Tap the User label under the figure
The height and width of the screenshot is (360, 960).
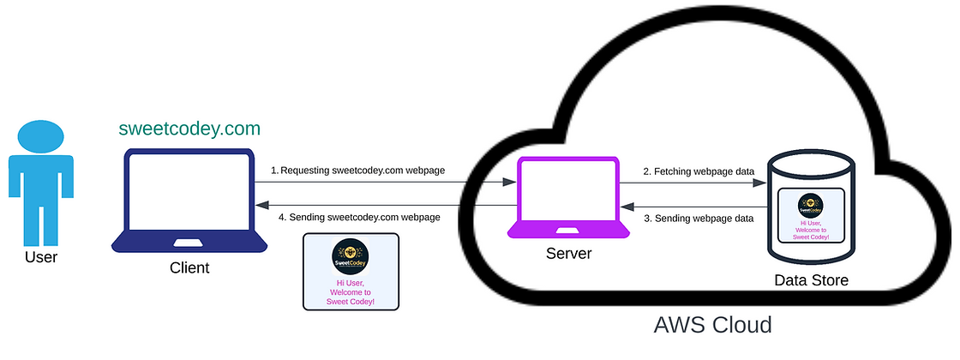[x=40, y=256]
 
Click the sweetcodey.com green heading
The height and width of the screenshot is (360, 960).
[x=189, y=129]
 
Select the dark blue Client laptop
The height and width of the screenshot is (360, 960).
[x=189, y=201]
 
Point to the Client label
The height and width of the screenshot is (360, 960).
[x=189, y=268]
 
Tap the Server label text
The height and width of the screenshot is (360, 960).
[x=568, y=255]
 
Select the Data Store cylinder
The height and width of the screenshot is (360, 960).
[x=811, y=206]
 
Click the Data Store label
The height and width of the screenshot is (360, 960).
[x=811, y=280]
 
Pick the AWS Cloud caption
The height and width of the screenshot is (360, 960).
[x=712, y=325]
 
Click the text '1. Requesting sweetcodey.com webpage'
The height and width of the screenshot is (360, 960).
[x=357, y=171]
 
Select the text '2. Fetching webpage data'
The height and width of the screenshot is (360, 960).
[x=698, y=171]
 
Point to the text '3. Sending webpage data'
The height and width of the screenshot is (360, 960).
[x=699, y=218]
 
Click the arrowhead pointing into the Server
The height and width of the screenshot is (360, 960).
[x=509, y=182]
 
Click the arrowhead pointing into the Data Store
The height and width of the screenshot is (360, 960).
[x=761, y=182]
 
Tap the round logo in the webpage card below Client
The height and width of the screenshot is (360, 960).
[x=351, y=255]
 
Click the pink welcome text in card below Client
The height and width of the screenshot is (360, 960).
[x=351, y=291]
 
